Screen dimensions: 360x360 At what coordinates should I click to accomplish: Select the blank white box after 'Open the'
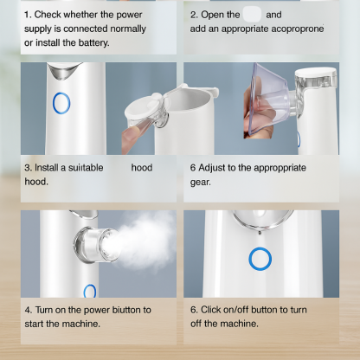click(x=252, y=15)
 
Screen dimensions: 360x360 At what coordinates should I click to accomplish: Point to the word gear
click(x=200, y=183)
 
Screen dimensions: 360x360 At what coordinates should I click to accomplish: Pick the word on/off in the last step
click(x=246, y=309)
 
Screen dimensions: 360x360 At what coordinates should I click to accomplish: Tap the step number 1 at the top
click(x=27, y=15)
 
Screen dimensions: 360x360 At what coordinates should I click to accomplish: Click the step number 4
click(x=28, y=309)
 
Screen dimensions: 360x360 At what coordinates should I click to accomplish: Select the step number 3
click(x=28, y=168)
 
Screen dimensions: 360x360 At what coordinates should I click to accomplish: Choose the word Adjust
click(x=215, y=168)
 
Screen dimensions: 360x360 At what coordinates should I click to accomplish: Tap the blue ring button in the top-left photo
click(x=61, y=103)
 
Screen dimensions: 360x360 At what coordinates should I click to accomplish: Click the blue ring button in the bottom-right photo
click(x=258, y=258)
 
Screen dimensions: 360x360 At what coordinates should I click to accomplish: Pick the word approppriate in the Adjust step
click(x=285, y=168)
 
